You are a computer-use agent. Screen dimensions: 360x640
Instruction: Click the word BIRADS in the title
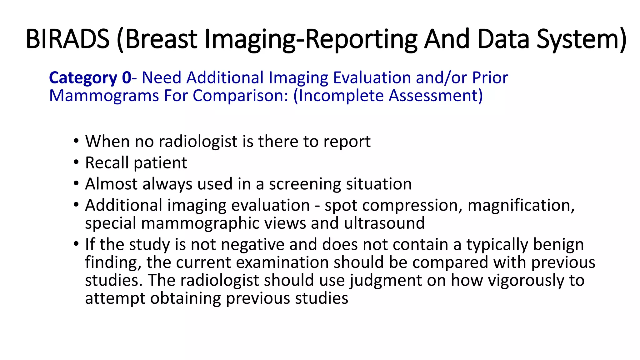click(67, 39)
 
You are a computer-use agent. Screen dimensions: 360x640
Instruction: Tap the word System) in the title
click(581, 39)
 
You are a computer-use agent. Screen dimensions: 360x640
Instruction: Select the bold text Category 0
click(90, 77)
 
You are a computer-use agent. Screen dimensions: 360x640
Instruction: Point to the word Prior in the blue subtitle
click(490, 77)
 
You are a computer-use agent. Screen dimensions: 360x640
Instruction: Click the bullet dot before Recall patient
click(76, 162)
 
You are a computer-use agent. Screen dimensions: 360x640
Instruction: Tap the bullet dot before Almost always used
click(76, 184)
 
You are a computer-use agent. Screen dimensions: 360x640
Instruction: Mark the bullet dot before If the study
click(76, 244)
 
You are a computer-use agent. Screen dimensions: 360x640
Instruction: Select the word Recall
click(107, 163)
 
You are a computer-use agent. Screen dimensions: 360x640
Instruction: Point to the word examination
click(282, 262)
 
